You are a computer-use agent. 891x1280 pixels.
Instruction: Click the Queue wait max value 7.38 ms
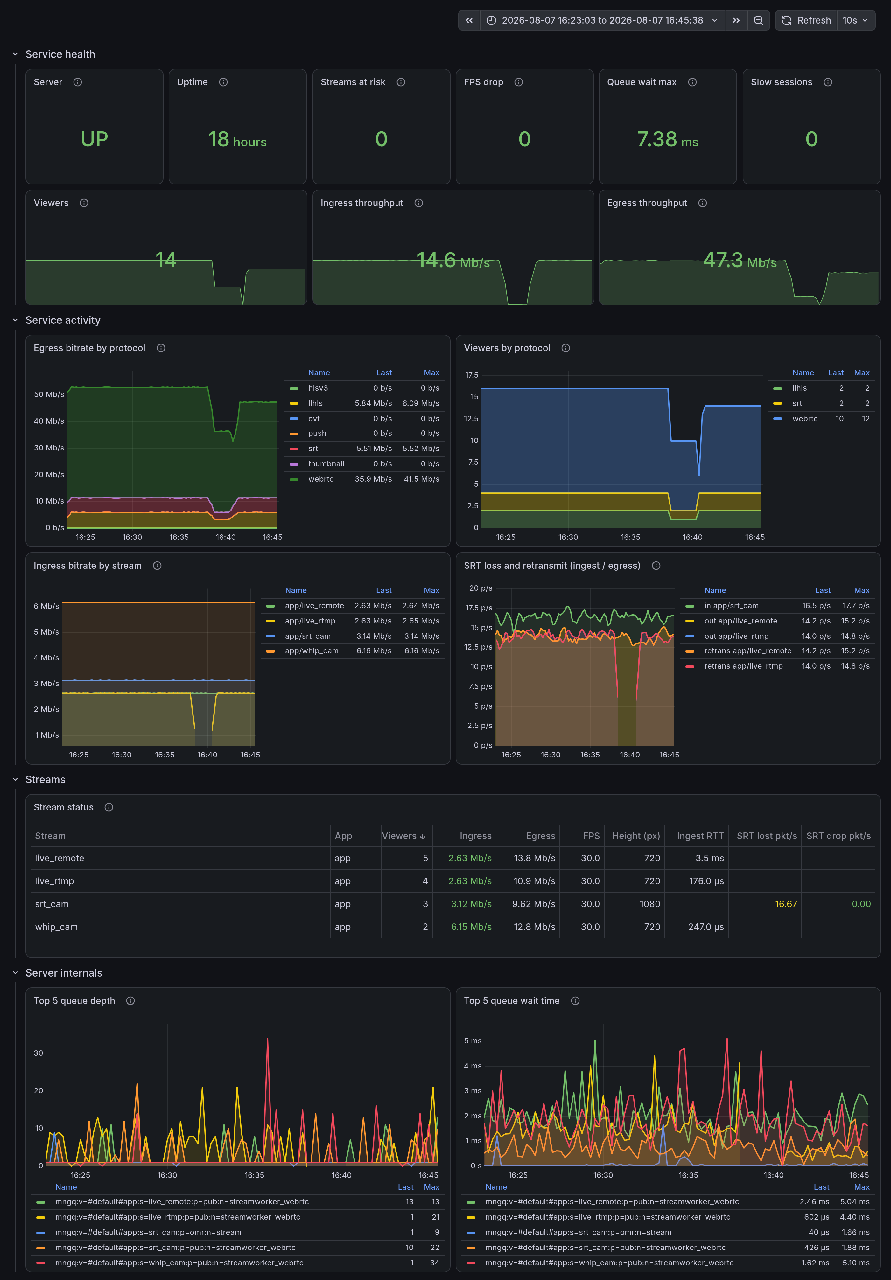click(x=667, y=139)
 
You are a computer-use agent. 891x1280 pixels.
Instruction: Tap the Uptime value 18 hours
click(x=237, y=139)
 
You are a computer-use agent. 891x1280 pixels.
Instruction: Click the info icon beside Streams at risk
click(x=401, y=82)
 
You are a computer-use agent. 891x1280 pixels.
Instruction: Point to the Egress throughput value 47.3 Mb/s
click(x=739, y=260)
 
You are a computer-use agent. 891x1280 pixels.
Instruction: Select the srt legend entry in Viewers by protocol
click(x=797, y=403)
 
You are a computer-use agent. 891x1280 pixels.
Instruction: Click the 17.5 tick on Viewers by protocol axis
click(x=472, y=375)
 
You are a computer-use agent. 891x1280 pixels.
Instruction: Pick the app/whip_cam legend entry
click(x=311, y=650)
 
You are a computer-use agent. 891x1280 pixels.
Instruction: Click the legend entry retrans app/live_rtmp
click(x=743, y=666)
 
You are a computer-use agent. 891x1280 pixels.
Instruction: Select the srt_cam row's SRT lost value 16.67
click(x=786, y=904)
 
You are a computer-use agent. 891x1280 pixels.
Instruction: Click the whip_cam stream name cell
click(x=56, y=927)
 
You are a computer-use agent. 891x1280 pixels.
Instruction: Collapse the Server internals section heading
click(x=64, y=973)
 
